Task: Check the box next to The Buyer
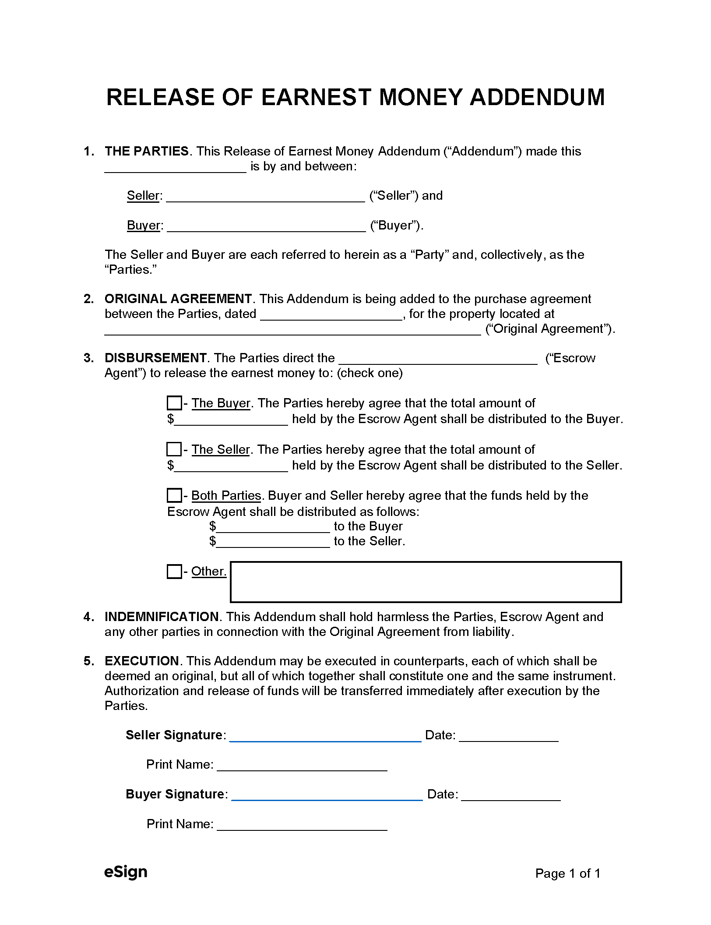click(174, 403)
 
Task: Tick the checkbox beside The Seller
click(174, 449)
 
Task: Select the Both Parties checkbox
click(174, 495)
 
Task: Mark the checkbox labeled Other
click(174, 572)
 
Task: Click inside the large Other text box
click(426, 582)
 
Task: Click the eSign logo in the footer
click(126, 872)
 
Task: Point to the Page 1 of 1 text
click(567, 874)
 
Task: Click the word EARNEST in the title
click(316, 97)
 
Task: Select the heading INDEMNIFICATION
click(162, 617)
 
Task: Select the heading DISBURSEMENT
click(155, 358)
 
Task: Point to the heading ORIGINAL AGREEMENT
click(178, 299)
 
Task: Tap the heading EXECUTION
click(141, 661)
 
